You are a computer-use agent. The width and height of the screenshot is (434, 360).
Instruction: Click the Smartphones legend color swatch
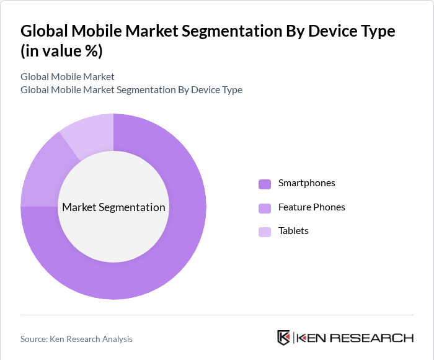tap(265, 184)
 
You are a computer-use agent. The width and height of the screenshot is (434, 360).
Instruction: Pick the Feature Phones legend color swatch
tap(265, 207)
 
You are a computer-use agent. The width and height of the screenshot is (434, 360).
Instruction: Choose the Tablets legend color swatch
tap(265, 232)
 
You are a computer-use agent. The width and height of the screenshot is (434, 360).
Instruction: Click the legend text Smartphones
tap(306, 183)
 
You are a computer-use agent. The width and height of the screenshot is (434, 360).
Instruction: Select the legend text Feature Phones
tap(311, 207)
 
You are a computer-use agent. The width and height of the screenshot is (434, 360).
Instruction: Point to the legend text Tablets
tap(293, 231)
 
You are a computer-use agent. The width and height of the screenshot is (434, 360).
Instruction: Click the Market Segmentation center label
tap(113, 207)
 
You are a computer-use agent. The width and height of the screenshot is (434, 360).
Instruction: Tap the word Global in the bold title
tap(43, 30)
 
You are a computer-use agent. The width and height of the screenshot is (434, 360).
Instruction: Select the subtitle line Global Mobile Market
tap(68, 77)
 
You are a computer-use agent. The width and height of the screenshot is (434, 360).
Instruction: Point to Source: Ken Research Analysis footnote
tap(76, 339)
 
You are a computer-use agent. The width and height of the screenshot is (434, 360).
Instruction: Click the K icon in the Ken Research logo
tap(283, 338)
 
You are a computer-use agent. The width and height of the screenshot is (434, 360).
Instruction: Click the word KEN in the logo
tap(309, 338)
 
